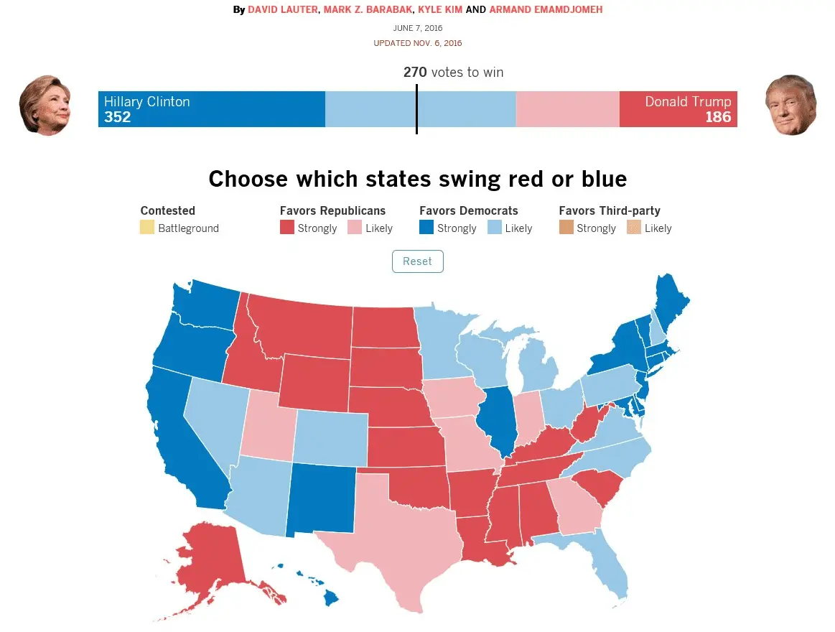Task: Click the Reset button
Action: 417,261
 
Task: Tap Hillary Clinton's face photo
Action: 45,105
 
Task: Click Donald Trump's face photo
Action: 790,105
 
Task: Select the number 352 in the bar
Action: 118,117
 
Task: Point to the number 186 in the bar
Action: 717,117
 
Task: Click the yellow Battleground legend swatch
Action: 147,228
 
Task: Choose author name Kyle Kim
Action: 439,10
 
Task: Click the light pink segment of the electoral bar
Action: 567,109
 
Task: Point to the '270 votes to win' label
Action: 453,73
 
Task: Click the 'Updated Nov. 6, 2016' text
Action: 417,43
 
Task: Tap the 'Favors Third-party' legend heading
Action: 610,210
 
